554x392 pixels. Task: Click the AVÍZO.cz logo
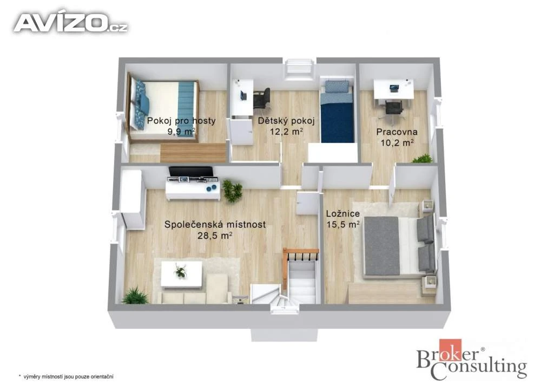click(71, 23)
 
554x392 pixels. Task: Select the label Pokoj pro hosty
click(181, 121)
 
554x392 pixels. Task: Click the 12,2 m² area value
click(286, 132)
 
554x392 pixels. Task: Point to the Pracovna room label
click(397, 132)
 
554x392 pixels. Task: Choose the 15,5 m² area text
click(343, 225)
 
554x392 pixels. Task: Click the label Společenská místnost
click(215, 225)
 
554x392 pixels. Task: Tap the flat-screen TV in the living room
click(191, 172)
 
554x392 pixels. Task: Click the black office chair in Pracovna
click(394, 107)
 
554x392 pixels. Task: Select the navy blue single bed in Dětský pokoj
click(337, 112)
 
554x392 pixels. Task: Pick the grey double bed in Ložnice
click(399, 245)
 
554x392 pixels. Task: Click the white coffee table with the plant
click(182, 274)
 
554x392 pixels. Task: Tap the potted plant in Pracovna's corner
click(422, 159)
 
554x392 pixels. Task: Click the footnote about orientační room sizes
click(65, 377)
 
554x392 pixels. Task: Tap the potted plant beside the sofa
click(135, 296)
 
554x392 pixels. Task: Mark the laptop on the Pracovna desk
click(394, 88)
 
